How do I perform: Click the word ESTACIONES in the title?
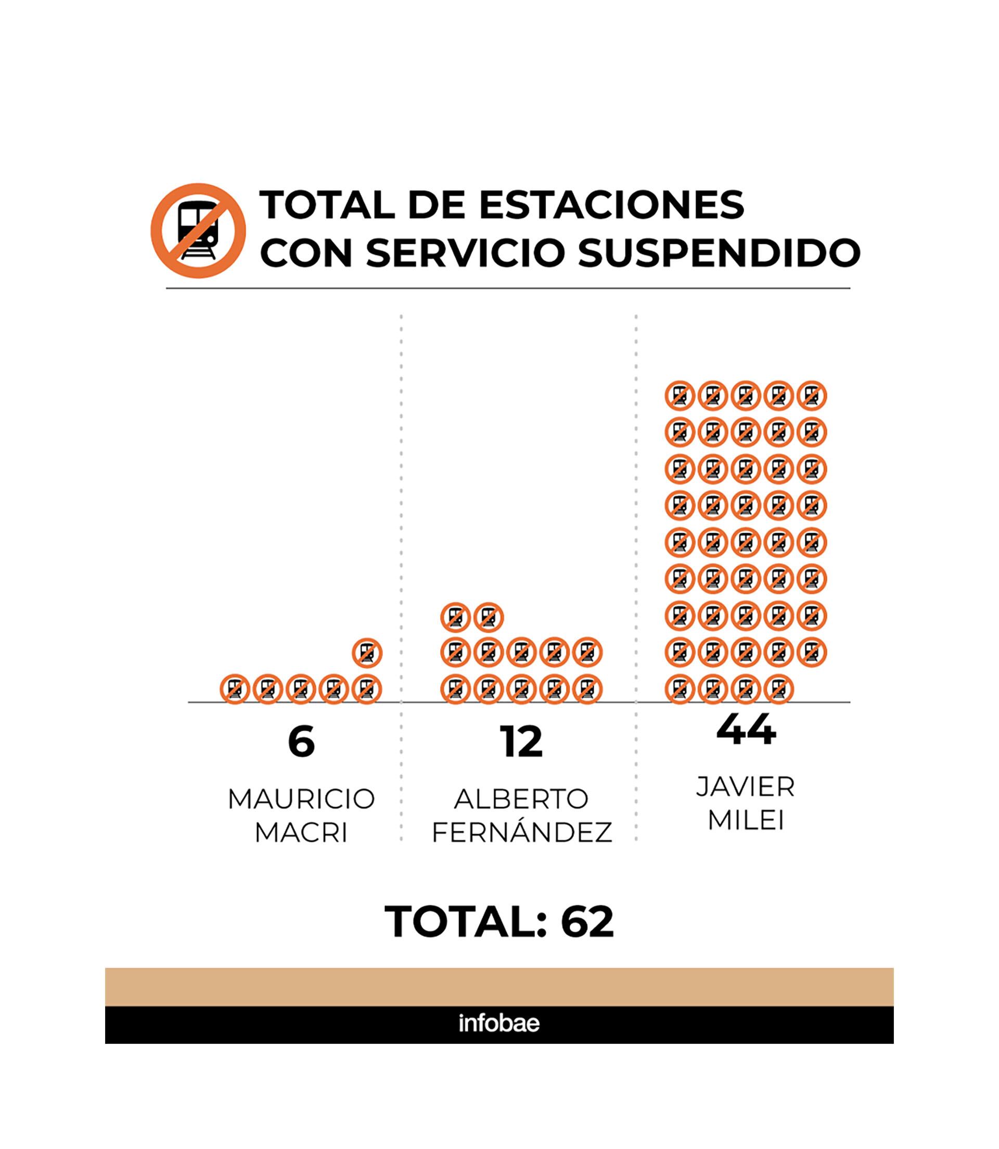coord(611,205)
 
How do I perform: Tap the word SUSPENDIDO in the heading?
coord(719,252)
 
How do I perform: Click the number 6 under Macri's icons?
coord(302,742)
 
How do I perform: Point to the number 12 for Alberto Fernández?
coord(521,742)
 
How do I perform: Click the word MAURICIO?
coord(301,799)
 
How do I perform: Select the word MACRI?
coord(301,833)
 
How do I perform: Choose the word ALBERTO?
coord(521,799)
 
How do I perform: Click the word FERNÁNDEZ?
coord(522,833)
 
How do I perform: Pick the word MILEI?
coord(746,821)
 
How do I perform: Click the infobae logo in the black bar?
coord(499,1024)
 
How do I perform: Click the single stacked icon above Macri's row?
coord(367,652)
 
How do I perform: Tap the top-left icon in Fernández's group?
coord(455,617)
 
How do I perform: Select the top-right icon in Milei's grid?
coord(812,396)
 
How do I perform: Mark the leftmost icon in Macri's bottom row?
coord(235,689)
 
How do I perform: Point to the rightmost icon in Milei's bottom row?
coord(779,689)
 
